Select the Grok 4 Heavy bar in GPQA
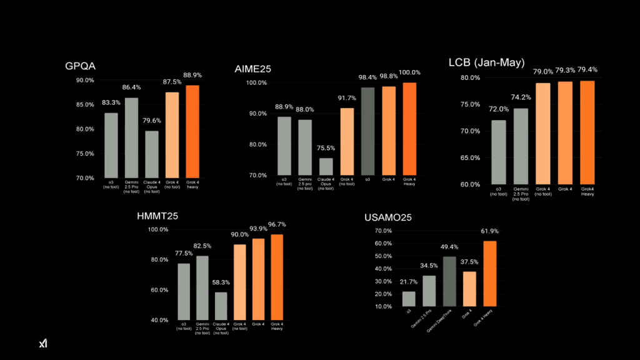[x=193, y=131]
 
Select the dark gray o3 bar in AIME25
[x=369, y=132]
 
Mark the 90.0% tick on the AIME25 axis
[x=257, y=114]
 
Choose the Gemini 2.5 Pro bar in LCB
[x=520, y=146]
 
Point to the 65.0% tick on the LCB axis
[x=471, y=157]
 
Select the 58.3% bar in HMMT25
[x=220, y=306]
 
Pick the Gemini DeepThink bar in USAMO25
[x=449, y=281]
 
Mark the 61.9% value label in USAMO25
[x=490, y=231]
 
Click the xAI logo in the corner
[x=43, y=343]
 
